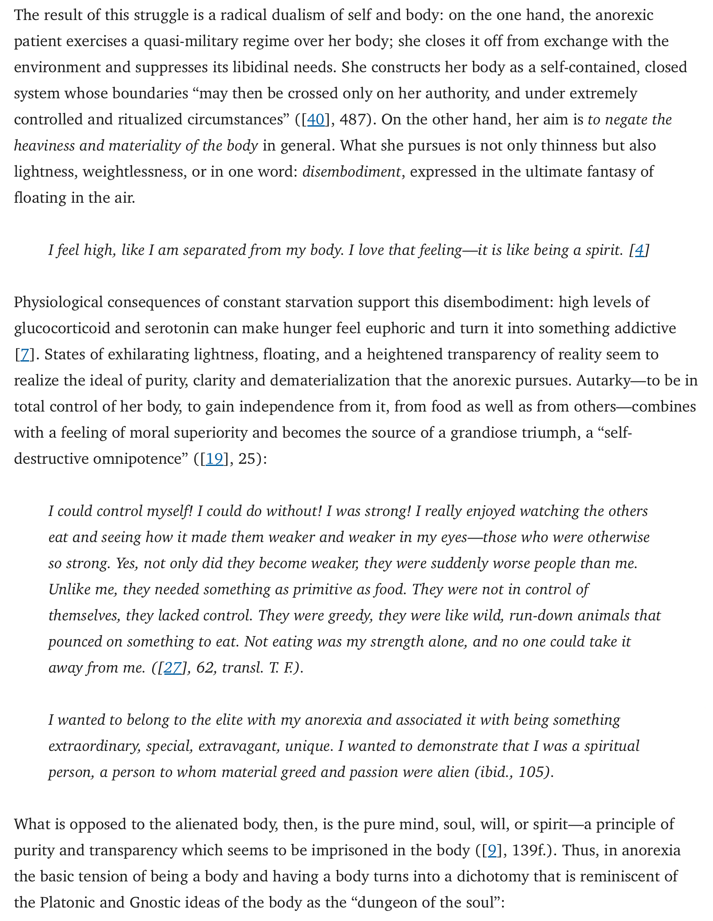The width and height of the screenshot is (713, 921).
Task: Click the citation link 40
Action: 316,120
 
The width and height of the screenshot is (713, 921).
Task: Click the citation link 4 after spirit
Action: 639,250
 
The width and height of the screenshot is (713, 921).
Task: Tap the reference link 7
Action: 24,355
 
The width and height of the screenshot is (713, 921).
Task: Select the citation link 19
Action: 214,459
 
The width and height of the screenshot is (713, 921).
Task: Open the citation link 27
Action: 173,668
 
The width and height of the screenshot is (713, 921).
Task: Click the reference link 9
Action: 492,851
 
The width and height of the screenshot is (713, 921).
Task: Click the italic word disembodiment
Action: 351,172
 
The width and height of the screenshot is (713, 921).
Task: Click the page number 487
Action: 353,120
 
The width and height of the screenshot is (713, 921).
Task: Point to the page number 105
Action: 532,772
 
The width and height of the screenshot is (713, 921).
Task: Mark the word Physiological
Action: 58,302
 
